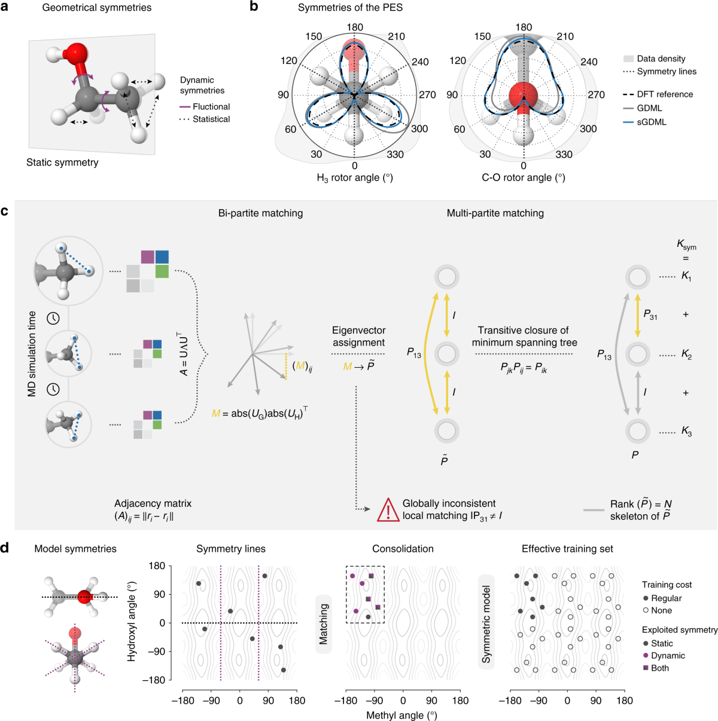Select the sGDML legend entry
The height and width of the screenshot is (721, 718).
(x=652, y=122)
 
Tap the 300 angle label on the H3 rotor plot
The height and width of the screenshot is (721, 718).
(x=419, y=129)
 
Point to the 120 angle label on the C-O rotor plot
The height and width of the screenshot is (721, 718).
(x=458, y=60)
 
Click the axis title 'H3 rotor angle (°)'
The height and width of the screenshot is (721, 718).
(x=355, y=178)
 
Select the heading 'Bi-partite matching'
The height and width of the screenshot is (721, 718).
(x=260, y=213)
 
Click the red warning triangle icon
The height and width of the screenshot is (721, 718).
(x=388, y=510)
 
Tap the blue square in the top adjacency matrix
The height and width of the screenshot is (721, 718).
(x=162, y=257)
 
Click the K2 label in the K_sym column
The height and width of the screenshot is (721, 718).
(x=686, y=355)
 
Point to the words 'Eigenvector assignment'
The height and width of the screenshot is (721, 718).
(x=359, y=337)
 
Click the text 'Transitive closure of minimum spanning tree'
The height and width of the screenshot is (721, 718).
(x=524, y=337)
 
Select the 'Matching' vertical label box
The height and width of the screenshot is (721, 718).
(x=324, y=624)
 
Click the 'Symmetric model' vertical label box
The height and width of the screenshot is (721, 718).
(x=486, y=624)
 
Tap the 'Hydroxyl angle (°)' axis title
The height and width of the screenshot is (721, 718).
(x=132, y=622)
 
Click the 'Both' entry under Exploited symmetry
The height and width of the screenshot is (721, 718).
(x=659, y=668)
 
